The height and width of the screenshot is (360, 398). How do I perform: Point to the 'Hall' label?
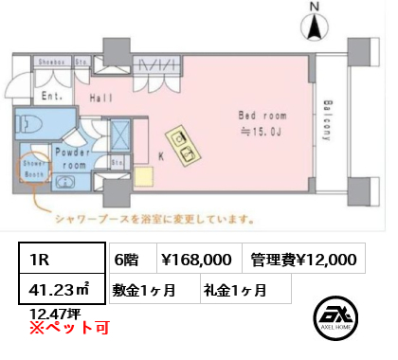(x=102, y=97)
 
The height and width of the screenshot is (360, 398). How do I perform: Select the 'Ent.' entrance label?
(x=53, y=96)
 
